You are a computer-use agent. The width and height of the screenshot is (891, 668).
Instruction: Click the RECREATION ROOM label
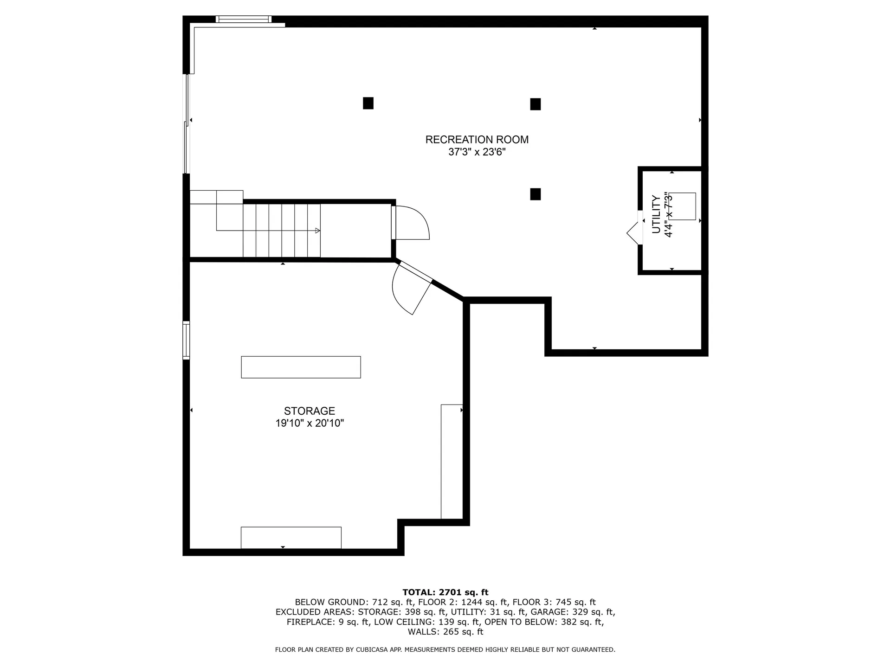477,140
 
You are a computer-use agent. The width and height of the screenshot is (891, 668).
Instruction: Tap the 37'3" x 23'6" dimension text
477,152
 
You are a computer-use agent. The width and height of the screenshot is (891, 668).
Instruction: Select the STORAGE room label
310,411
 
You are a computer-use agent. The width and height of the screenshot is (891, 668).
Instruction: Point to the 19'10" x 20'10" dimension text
310,423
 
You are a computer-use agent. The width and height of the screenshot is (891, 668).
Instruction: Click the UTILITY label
656,214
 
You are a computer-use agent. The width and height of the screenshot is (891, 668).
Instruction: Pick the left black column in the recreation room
368,103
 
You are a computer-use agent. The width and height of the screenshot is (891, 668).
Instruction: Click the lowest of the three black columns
535,194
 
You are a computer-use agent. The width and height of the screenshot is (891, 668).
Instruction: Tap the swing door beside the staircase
410,223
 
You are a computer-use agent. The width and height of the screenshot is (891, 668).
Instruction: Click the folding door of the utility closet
634,228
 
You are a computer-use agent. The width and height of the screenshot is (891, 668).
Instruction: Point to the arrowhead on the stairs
317,231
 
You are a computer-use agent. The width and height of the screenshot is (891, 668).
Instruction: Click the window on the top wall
243,19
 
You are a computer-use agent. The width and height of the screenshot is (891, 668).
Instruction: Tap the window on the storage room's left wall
186,340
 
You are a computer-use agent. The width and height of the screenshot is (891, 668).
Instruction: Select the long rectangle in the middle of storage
301,367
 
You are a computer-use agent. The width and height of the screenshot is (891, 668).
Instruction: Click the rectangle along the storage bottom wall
291,538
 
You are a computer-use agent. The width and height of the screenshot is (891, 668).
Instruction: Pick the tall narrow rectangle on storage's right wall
452,462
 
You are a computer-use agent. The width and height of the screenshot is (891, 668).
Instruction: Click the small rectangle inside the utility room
682,206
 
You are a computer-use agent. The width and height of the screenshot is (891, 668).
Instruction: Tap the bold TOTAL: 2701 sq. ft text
445,592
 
